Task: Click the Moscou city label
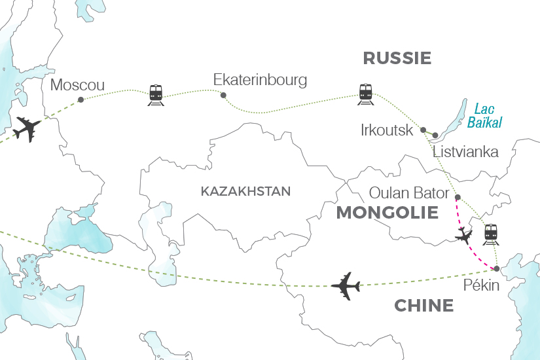tap(77, 84)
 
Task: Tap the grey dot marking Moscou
tap(81, 100)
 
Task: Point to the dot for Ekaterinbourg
tap(224, 96)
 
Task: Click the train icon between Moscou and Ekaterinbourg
tap(156, 94)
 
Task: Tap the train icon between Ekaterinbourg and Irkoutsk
tap(365, 94)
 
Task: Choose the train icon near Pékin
tap(492, 234)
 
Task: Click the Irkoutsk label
tap(387, 130)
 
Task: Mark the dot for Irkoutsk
tap(423, 130)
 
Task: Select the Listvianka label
tap(465, 153)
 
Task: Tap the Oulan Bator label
tap(409, 193)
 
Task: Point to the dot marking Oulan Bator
tap(458, 197)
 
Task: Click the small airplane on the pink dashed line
tap(464, 236)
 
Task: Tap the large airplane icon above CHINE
tap(346, 285)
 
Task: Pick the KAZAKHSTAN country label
tap(245, 192)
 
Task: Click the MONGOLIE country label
tap(387, 213)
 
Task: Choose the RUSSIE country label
tap(397, 58)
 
